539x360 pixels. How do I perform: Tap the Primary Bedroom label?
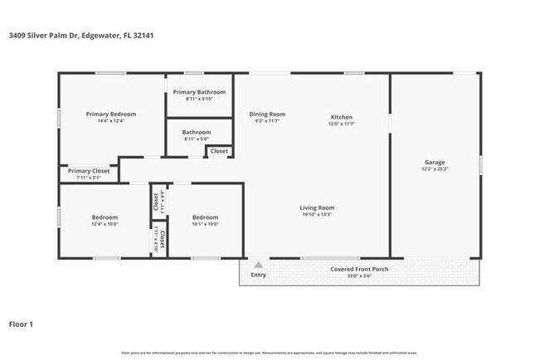coord(111,114)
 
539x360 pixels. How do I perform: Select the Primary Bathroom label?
coord(199,91)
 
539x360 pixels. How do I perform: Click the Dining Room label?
coord(267,114)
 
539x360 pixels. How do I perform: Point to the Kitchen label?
coord(342,117)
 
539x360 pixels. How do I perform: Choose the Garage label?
coord(435,163)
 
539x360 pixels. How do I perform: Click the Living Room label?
coord(317,207)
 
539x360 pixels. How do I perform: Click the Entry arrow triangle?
coord(259,265)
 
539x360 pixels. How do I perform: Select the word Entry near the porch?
coord(259,275)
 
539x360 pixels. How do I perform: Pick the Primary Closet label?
coord(89,171)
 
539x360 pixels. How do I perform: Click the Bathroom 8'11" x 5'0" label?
coord(197,132)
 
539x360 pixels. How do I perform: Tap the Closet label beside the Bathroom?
coord(219,151)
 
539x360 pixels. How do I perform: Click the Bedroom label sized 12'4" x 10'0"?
coord(104,217)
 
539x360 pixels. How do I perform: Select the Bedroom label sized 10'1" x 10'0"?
coord(205,217)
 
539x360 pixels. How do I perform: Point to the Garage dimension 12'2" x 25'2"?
coord(435,169)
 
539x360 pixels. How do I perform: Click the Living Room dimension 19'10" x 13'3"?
coord(317,214)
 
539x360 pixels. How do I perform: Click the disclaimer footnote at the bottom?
coord(269,353)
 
